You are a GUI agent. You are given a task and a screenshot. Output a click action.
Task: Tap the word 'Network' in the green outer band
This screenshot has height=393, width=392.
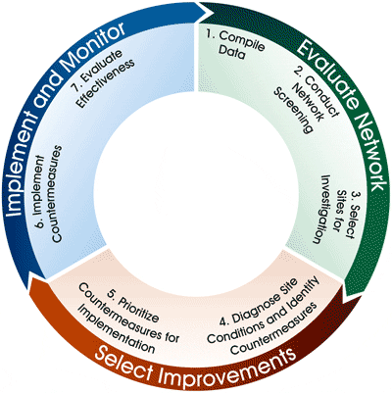370,151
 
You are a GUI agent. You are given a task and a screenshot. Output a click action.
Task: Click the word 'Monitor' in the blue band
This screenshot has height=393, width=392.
89,50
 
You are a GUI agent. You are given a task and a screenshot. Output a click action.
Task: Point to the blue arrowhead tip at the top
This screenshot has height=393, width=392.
210,13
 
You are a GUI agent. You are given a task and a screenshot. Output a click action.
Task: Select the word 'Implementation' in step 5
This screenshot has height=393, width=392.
118,331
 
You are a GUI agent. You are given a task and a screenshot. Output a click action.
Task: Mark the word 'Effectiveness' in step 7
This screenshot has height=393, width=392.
106,83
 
